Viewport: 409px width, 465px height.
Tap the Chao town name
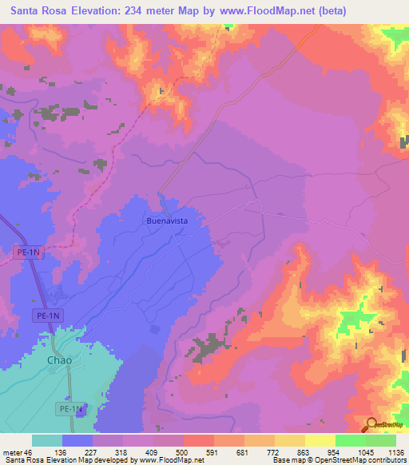(x=59, y=360)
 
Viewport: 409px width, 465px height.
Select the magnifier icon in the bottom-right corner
(x=372, y=427)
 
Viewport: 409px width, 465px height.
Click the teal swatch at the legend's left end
(x=47, y=440)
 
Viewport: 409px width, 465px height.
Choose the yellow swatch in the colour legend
(x=320, y=440)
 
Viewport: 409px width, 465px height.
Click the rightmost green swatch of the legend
(x=381, y=440)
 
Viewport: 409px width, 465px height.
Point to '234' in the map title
(x=141, y=11)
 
